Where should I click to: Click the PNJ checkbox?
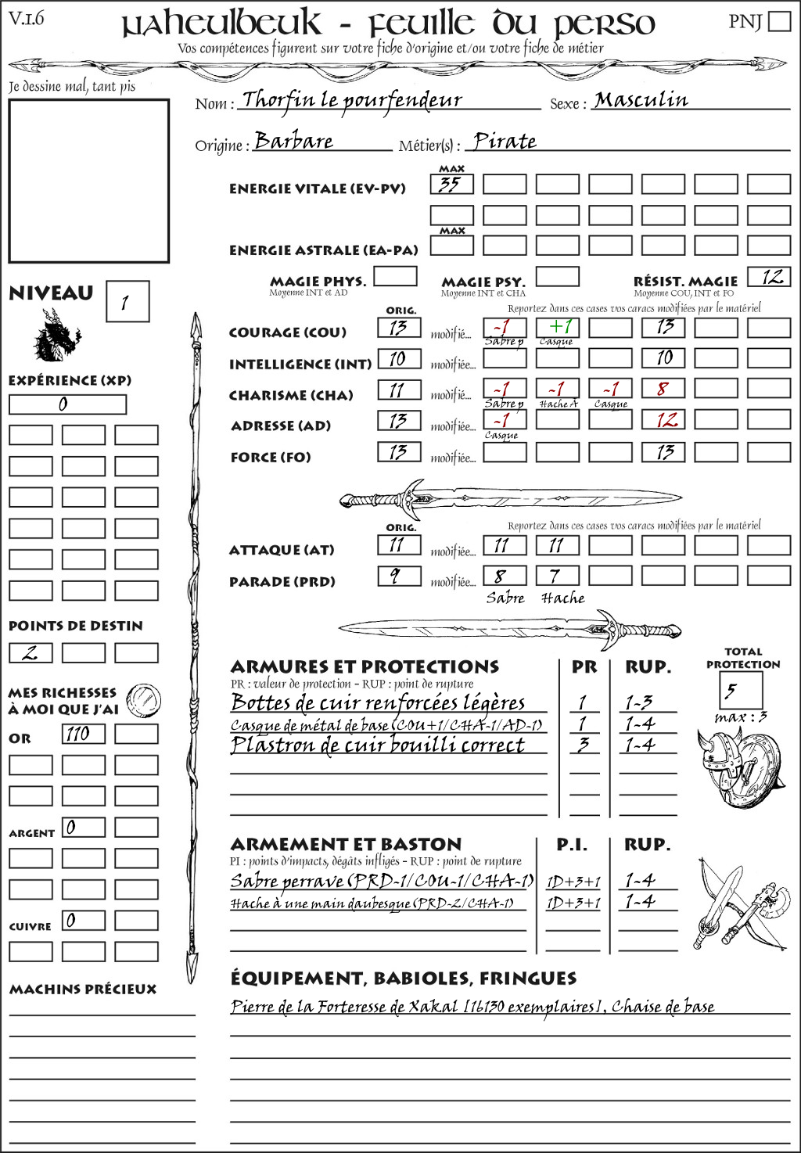point(779,21)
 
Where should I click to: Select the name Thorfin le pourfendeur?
point(352,100)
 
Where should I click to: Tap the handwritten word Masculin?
point(641,100)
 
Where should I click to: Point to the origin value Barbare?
point(294,141)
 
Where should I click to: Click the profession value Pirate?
point(505,142)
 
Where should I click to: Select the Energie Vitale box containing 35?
point(451,185)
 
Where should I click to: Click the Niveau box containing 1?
point(127,302)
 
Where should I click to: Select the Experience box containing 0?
point(67,404)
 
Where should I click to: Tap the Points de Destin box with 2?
point(31,652)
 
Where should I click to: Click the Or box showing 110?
point(83,734)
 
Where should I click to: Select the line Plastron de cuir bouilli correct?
point(377,745)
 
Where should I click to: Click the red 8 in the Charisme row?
point(663,389)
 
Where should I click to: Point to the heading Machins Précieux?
point(83,989)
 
